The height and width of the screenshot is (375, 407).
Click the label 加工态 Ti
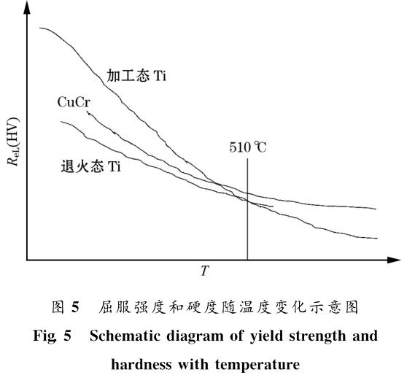tap(136, 76)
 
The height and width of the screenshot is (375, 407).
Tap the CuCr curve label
tap(73, 101)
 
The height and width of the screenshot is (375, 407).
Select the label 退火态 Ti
tap(90, 166)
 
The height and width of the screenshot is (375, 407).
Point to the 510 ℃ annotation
tap(248, 147)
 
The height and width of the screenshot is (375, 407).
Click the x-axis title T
tap(205, 272)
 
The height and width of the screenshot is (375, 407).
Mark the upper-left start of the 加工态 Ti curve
tap(41, 28)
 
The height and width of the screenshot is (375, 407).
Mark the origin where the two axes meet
tap(27, 259)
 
